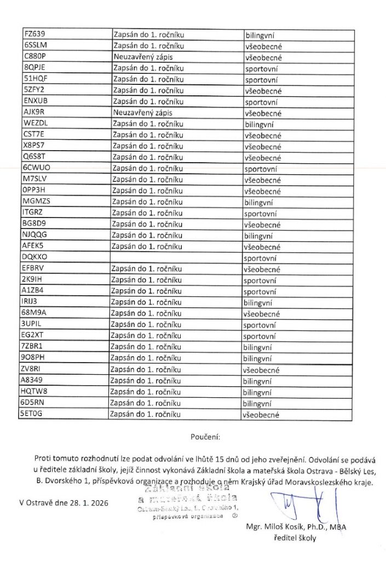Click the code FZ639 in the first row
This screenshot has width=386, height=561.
(x=34, y=35)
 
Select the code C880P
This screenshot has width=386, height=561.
(x=34, y=57)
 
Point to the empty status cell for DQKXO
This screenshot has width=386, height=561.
(x=175, y=257)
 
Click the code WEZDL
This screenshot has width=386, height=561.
(x=36, y=124)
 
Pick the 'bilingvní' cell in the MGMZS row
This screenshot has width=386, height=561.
(x=258, y=202)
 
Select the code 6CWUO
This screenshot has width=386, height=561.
(x=37, y=169)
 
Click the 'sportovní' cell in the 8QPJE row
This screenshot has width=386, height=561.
(x=261, y=68)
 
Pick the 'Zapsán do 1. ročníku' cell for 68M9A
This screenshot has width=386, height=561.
(x=147, y=314)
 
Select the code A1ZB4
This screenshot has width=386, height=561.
(x=34, y=291)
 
